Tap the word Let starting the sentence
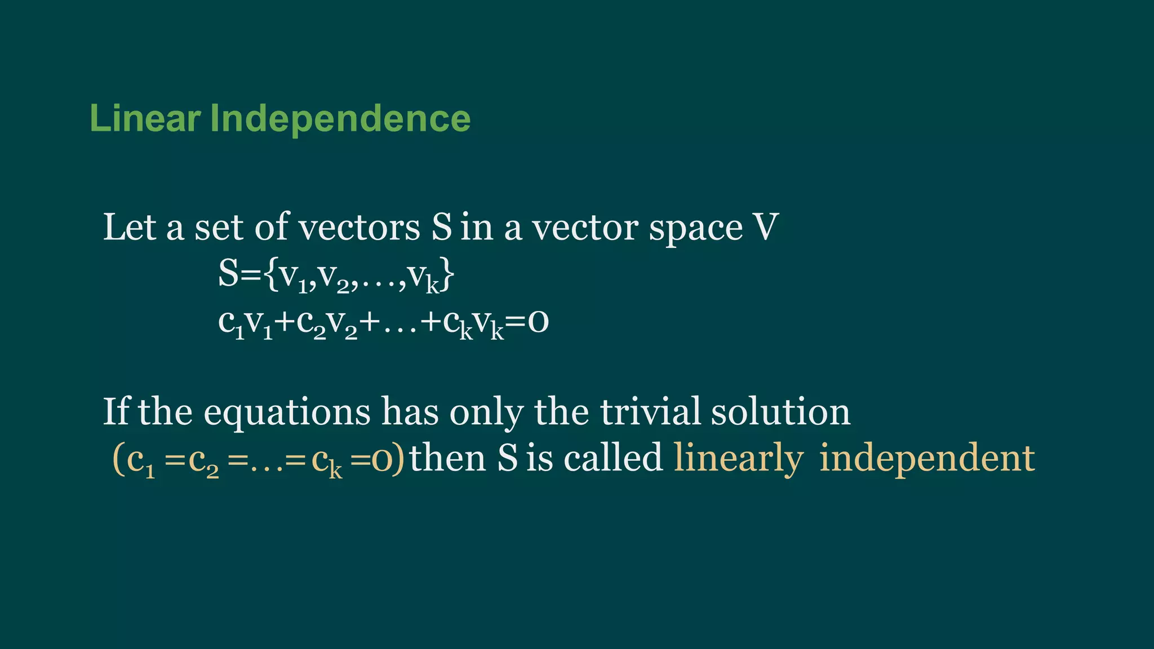(129, 227)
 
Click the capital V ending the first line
(766, 227)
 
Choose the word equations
(287, 413)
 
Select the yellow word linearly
(738, 459)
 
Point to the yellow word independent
(927, 459)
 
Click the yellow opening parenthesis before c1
(119, 459)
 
